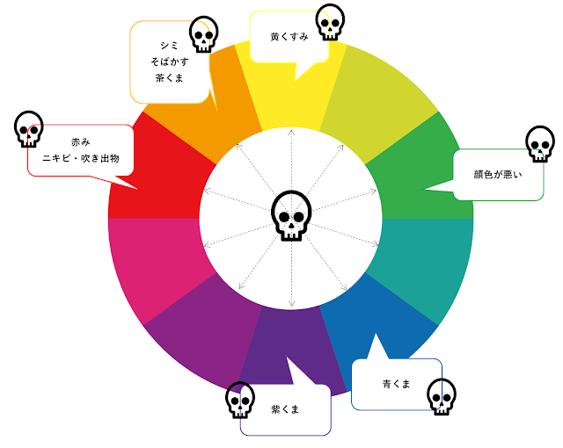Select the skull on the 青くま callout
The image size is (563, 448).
click(442, 397)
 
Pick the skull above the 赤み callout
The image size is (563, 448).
click(29, 129)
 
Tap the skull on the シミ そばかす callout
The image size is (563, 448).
click(203, 34)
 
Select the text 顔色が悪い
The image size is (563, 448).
click(498, 174)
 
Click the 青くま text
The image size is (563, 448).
click(397, 384)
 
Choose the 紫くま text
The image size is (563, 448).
click(285, 409)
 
